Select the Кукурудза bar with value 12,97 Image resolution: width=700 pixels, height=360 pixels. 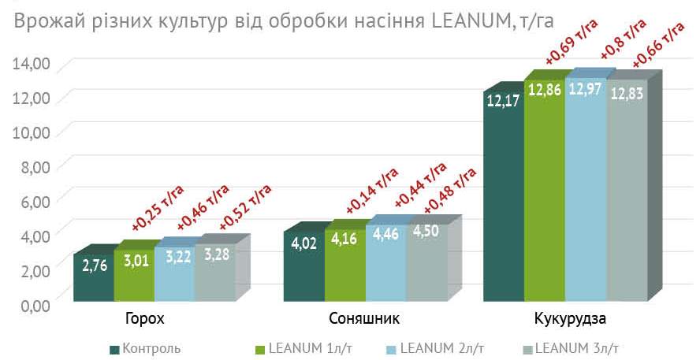(x=584, y=189)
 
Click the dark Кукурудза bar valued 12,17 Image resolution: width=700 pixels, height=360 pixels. (x=503, y=197)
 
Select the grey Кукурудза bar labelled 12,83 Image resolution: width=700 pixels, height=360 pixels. (x=626, y=189)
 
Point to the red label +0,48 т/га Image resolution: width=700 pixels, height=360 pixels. (x=449, y=189)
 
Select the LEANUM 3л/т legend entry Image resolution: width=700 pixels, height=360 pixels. (x=575, y=347)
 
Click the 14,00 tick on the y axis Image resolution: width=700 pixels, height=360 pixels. (x=31, y=63)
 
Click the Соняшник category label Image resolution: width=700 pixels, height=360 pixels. (x=364, y=320)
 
